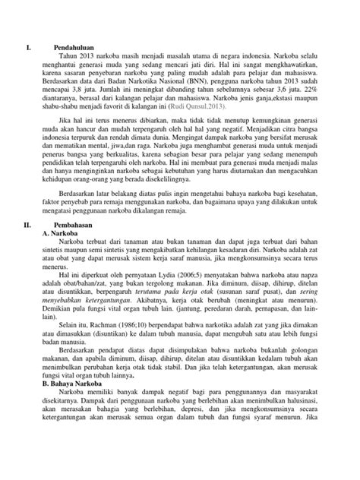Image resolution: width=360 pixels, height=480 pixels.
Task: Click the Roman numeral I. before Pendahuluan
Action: point(29,48)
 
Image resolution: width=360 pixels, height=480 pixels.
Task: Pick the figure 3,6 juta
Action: point(278,97)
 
